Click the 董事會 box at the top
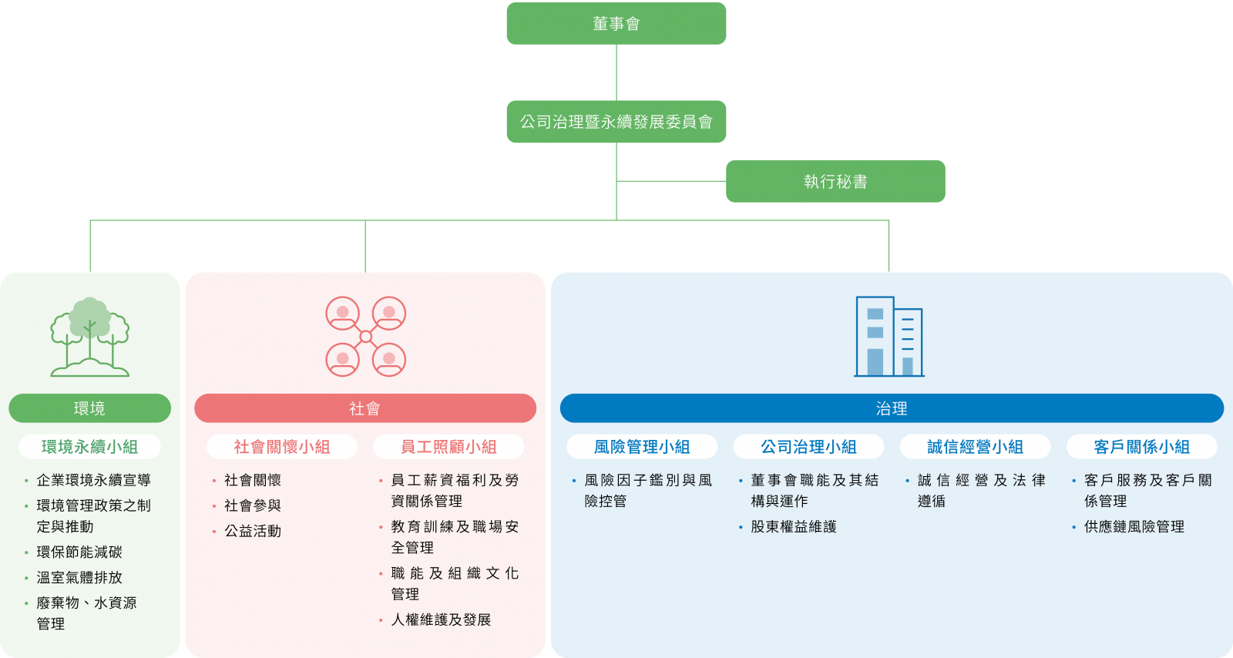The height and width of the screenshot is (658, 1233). coord(616,24)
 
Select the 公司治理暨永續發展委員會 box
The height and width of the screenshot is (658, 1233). coord(616,122)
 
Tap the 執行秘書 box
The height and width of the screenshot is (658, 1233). coord(835,181)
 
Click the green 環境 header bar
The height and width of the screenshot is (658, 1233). coord(89,408)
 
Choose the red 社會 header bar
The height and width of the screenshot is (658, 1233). coord(365,408)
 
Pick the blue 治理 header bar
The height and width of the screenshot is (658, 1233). coord(892,408)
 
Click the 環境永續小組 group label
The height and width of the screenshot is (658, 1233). coord(89,447)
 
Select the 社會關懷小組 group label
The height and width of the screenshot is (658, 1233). coord(281,447)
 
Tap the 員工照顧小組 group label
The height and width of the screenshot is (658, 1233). coord(449,447)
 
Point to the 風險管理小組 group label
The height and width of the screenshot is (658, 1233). coord(642,447)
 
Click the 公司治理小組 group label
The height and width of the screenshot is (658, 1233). coord(808,447)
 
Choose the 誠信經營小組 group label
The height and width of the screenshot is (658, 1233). coord(975,447)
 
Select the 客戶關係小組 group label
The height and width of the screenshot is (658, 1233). coord(1141,447)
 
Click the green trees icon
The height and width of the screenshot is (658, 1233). coord(89,337)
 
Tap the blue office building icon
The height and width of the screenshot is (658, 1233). coord(889,337)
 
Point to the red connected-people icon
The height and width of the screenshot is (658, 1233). coord(365,337)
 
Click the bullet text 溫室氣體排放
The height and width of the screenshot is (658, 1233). coord(79,577)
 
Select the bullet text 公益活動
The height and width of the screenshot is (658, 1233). coord(253,531)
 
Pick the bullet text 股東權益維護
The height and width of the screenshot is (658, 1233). coord(794,527)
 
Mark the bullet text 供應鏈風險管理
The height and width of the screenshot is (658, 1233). coord(1134,527)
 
